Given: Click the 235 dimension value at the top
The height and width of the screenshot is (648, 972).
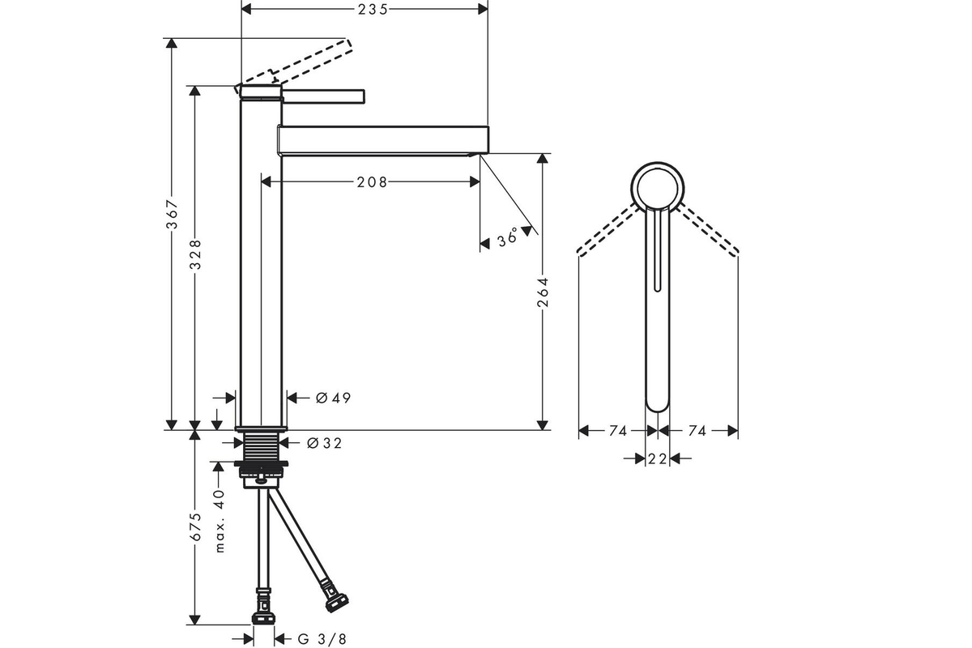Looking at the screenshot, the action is pos(373,9).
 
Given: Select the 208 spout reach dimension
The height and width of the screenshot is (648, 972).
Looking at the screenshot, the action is pos(372,182).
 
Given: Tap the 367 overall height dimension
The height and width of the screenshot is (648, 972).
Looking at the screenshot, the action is pos(173,214).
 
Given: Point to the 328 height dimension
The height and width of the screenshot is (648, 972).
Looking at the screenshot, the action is pos(196,254).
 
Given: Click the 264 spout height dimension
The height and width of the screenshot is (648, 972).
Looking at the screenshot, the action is pos(543,292).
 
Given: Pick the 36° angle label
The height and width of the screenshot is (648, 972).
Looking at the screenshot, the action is pos(508,237).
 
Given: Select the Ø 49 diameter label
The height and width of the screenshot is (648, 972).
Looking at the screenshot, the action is pos(333,398).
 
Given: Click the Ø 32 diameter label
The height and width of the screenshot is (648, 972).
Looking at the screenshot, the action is pos(325,443).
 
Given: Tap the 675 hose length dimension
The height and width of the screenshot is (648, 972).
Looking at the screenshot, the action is pos(196,527).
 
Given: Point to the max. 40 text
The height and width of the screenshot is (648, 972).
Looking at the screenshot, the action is pos(220,521).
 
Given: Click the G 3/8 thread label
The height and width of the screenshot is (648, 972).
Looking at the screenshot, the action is pos(322,639).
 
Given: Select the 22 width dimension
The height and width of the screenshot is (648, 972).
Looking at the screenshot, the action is pos(657,458).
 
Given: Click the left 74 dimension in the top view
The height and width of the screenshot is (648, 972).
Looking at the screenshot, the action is pos(618,431).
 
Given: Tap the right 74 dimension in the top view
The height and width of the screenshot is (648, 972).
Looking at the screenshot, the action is pos(697,431).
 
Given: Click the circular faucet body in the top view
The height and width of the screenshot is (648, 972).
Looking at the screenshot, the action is pos(658,163).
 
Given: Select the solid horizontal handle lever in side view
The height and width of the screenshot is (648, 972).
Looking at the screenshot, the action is pos(323,96).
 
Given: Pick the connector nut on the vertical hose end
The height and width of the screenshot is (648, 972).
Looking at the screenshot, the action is pos(263,618).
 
